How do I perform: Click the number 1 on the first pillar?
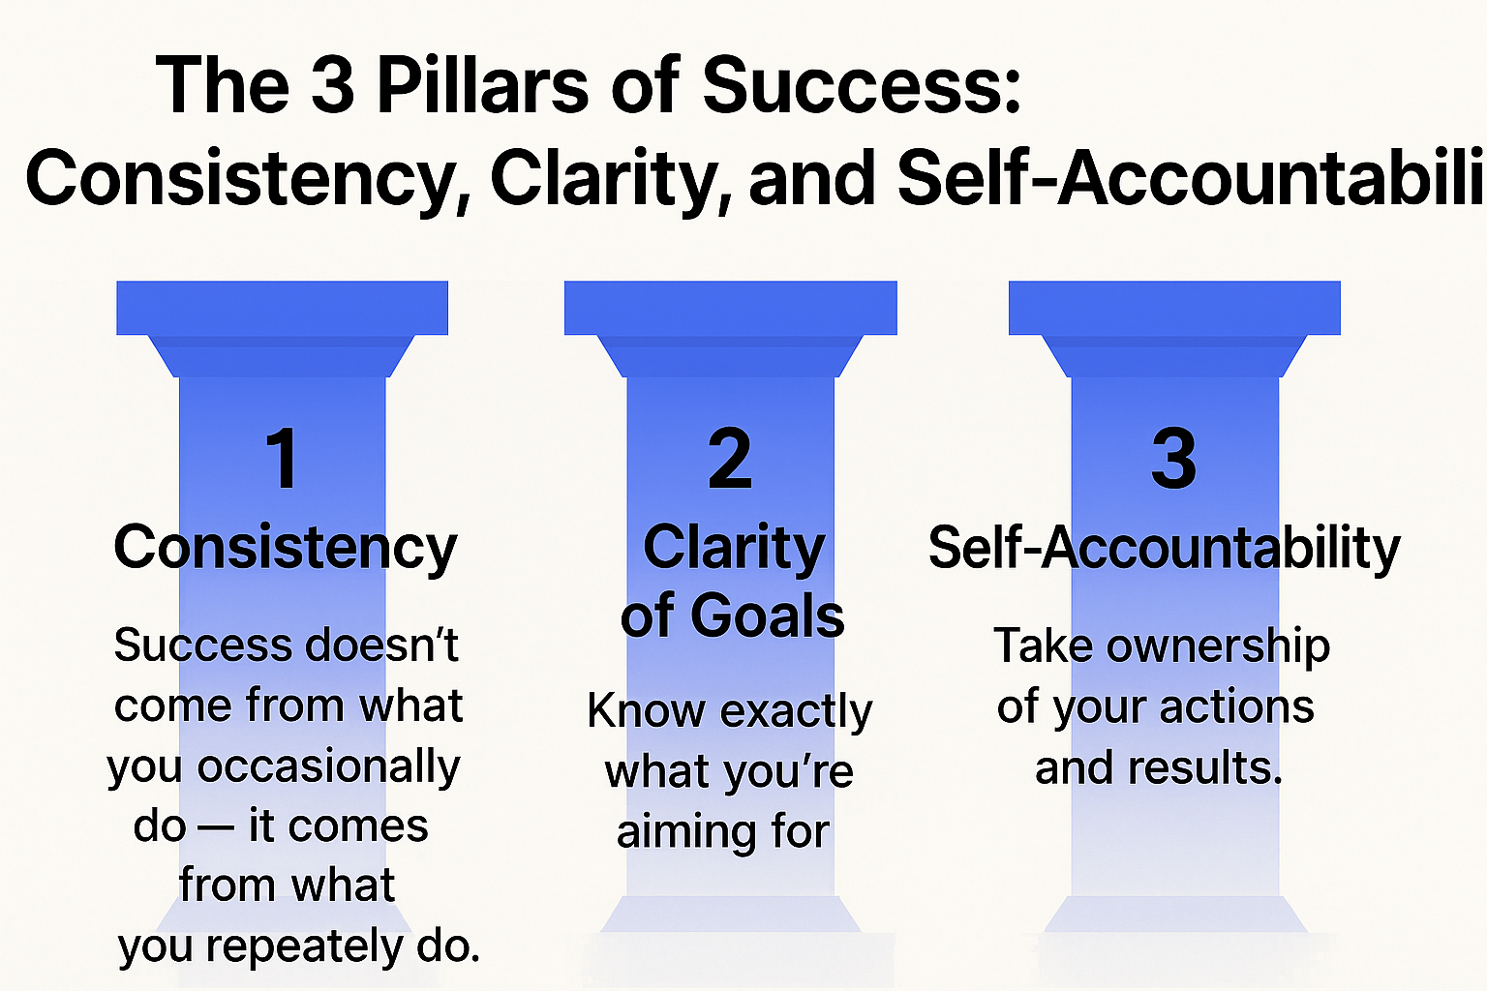tap(282, 458)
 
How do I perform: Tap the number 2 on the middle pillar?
tap(730, 458)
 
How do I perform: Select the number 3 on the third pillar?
tap(1173, 458)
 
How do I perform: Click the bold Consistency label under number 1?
tap(285, 548)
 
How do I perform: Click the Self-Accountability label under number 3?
tap(1164, 548)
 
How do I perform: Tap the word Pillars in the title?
tap(482, 85)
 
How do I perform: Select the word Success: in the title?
tap(862, 85)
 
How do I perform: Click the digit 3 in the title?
tap(333, 85)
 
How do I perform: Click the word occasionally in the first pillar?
tap(329, 766)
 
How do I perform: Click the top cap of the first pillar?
tap(282, 308)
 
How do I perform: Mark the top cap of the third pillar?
tap(1174, 308)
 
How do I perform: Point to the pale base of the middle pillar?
tap(731, 915)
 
